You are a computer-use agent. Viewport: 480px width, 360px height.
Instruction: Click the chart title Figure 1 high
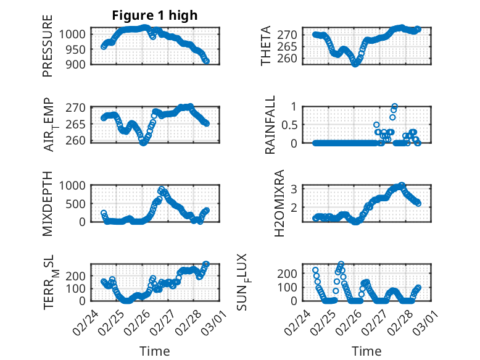154,15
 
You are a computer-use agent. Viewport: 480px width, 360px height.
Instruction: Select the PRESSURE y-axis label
48,46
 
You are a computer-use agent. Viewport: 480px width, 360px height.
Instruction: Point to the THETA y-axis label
266,46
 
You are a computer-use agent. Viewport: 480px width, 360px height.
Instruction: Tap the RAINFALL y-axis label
270,125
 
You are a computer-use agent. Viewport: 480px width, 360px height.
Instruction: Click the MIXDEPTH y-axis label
48,203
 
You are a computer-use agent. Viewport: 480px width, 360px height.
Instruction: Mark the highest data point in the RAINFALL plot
394,106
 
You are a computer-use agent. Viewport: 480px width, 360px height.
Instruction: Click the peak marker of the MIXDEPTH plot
162,190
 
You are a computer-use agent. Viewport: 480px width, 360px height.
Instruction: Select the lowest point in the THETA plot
355,64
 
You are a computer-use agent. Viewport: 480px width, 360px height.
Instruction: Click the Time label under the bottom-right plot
366,351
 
